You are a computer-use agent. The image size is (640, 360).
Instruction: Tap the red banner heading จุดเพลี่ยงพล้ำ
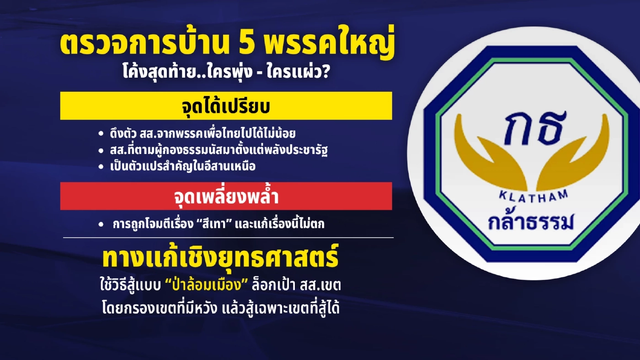pos(226,196)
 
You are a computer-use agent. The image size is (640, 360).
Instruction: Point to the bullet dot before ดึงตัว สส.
pos(101,134)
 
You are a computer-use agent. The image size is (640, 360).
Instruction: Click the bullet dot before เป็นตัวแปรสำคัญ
pos(101,167)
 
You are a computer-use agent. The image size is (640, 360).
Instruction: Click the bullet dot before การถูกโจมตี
pos(101,224)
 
